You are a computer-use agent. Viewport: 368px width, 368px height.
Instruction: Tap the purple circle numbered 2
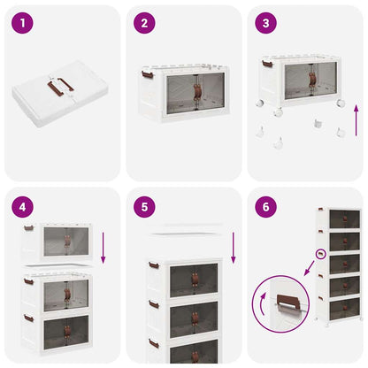(144, 24)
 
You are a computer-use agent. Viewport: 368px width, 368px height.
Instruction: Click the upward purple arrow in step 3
(355, 118)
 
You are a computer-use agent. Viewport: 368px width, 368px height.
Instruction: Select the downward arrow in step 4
(103, 247)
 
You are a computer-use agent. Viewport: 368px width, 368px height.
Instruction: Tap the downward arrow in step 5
(233, 248)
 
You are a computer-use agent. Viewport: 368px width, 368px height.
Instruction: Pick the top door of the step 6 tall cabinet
(344, 219)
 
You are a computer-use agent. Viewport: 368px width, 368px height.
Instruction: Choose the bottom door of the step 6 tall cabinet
(344, 308)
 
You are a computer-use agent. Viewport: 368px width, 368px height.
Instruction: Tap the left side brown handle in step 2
(145, 78)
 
